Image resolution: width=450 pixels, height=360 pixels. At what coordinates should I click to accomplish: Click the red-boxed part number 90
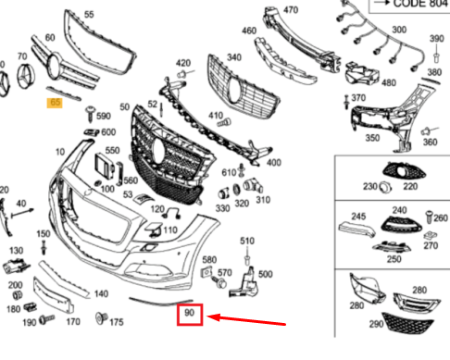click(x=189, y=316)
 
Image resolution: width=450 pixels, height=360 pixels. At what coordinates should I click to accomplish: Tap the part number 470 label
click(x=291, y=10)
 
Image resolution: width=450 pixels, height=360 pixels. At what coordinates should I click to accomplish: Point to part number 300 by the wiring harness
click(x=398, y=31)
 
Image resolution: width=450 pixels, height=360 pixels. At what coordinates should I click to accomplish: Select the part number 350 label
click(x=372, y=138)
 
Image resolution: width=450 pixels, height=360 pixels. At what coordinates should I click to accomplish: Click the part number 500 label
click(x=265, y=274)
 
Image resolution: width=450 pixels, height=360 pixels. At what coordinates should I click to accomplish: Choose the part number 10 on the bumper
click(x=60, y=152)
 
